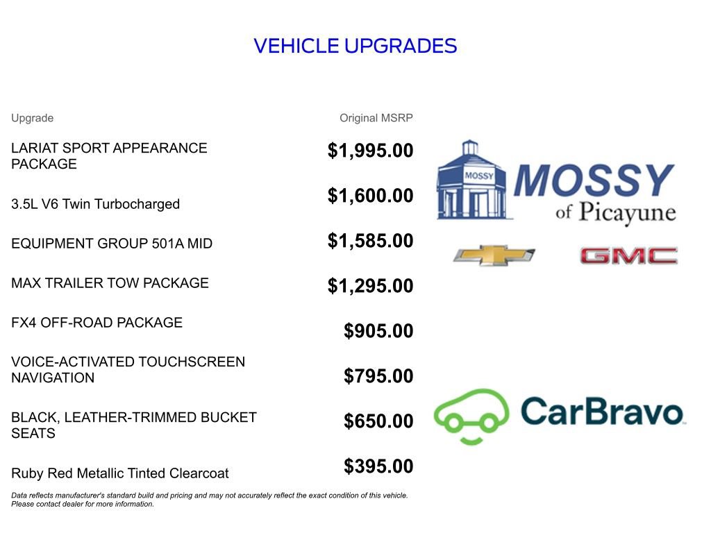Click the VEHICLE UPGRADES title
pyautogui.click(x=355, y=46)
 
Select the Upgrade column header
pyautogui.click(x=32, y=118)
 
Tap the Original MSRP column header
pyautogui.click(x=376, y=118)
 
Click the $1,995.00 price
pyautogui.click(x=370, y=151)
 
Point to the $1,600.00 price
pyautogui.click(x=370, y=196)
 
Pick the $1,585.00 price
pyautogui.click(x=370, y=241)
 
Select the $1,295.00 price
pyautogui.click(x=370, y=286)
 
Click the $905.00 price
pyautogui.click(x=378, y=331)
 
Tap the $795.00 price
pyautogui.click(x=378, y=376)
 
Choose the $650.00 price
pyautogui.click(x=378, y=421)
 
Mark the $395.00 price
pyautogui.click(x=378, y=466)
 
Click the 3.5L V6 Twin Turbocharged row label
pyautogui.click(x=95, y=204)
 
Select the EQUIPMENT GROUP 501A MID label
pyautogui.click(x=112, y=244)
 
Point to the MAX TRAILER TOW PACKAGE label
pyautogui.click(x=110, y=283)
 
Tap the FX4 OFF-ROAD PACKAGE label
pyautogui.click(x=97, y=323)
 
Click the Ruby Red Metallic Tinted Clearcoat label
pyautogui.click(x=119, y=473)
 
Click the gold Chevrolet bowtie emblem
pyautogui.click(x=494, y=255)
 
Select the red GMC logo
pyautogui.click(x=628, y=256)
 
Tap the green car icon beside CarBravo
pyautogui.click(x=471, y=416)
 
